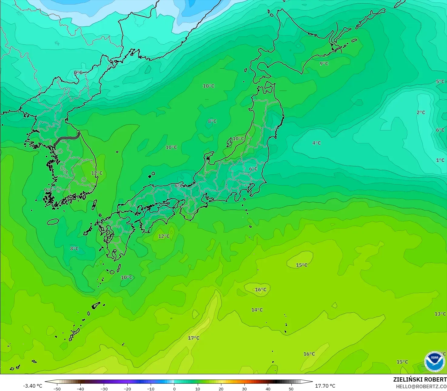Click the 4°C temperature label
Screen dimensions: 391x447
pos(316,143)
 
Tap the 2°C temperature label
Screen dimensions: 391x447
pos(421,112)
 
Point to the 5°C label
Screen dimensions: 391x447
pos(440,81)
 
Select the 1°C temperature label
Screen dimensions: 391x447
pos(440,160)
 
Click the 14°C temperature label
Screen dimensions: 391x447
pos(257,310)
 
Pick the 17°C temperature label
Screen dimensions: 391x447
pos(193,338)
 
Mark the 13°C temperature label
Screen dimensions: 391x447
pos(440,314)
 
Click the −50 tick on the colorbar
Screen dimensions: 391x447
pos(57,389)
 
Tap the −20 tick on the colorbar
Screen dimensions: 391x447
pos(127,389)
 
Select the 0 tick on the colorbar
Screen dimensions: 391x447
pos(174,389)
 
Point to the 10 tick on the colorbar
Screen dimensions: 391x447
pos(198,389)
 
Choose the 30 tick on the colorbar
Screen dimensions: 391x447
pos(244,389)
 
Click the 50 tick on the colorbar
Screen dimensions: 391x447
pos(291,389)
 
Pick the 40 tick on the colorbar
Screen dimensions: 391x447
pos(268,389)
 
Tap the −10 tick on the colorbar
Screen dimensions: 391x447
pos(151,389)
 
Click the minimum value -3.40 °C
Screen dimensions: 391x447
pos(33,386)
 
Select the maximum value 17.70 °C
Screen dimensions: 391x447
pos(325,386)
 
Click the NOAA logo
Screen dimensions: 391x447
pos(434,362)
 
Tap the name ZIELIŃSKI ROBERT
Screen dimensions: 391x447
pos(420,379)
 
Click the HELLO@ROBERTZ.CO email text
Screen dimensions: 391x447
pos(421,386)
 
